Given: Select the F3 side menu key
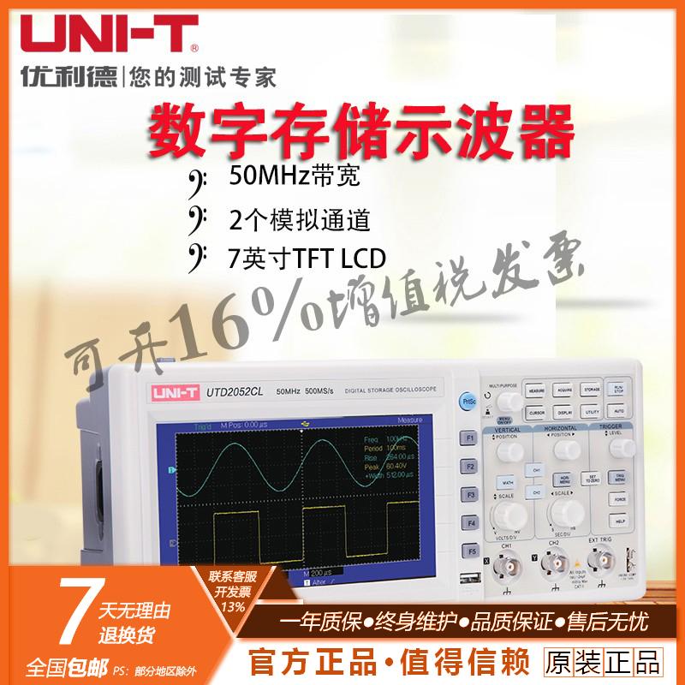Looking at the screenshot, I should [470, 494].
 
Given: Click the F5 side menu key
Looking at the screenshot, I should [470, 551].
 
